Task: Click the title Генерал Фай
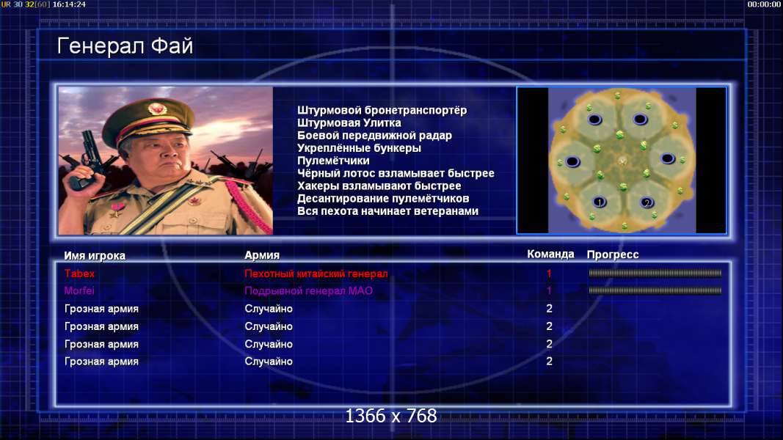(x=125, y=46)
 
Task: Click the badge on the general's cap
(x=157, y=109)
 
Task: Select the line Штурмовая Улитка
(x=349, y=123)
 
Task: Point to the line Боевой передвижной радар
(x=374, y=136)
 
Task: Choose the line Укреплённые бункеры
(x=359, y=148)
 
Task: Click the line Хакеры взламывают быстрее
(x=379, y=186)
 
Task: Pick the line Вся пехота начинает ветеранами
(x=388, y=211)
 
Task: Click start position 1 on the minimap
(x=600, y=202)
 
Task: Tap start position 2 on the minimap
(x=647, y=202)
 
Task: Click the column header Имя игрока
(x=95, y=255)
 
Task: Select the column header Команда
(x=550, y=254)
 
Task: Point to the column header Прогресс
(x=613, y=254)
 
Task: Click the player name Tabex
(x=79, y=274)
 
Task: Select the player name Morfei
(x=79, y=290)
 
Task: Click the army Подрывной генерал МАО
(x=309, y=291)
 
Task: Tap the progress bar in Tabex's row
(x=655, y=274)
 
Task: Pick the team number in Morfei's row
(x=549, y=290)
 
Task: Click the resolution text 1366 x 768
(x=391, y=416)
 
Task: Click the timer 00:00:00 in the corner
(x=763, y=4)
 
